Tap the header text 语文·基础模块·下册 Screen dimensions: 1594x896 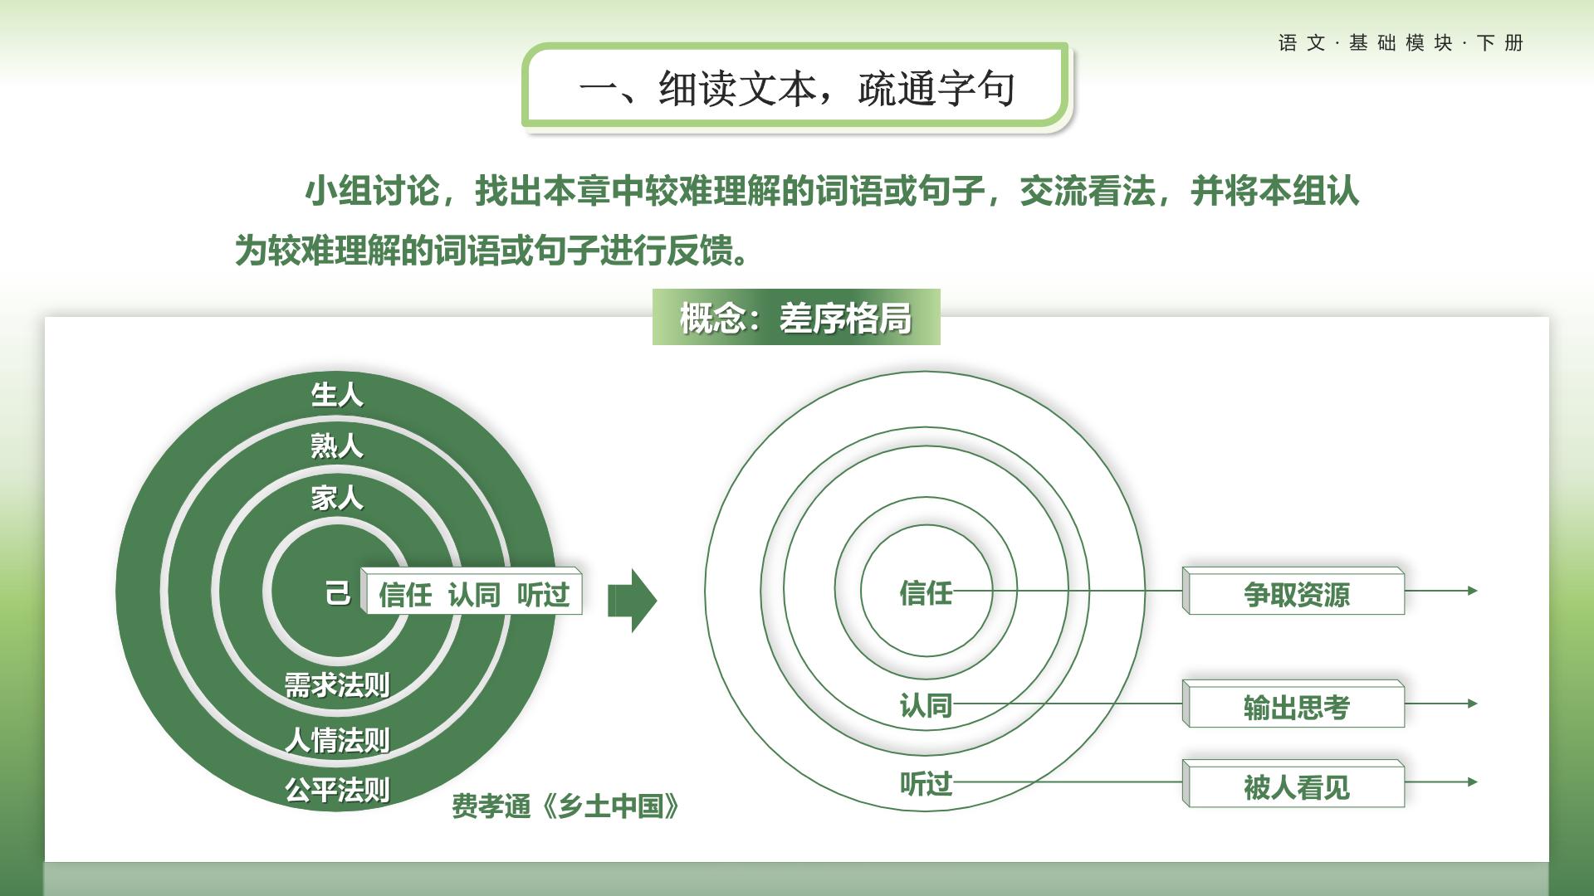tap(1401, 43)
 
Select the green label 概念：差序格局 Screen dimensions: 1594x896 tap(796, 317)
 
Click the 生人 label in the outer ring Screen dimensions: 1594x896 tap(337, 394)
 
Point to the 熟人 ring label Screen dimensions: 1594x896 tap(337, 446)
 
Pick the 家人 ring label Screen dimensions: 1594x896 tap(337, 498)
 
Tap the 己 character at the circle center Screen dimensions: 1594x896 tap(338, 593)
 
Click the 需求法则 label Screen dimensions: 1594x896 tap(337, 685)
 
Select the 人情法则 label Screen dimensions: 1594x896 tap(337, 739)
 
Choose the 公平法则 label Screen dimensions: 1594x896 tap(337, 789)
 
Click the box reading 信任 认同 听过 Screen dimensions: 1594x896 tap(472, 592)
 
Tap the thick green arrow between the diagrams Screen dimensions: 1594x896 tap(633, 601)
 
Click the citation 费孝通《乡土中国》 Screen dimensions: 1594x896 tap(565, 806)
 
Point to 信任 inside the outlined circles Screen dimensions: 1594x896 tap(926, 592)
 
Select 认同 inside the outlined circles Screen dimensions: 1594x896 tap(926, 705)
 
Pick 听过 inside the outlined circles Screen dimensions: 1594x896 tap(926, 783)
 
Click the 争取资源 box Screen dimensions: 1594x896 tap(1293, 592)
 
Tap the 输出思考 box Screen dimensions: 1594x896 tap(1293, 704)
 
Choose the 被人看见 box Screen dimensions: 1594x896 tap(1293, 783)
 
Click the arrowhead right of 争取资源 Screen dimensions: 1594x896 tap(1473, 591)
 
